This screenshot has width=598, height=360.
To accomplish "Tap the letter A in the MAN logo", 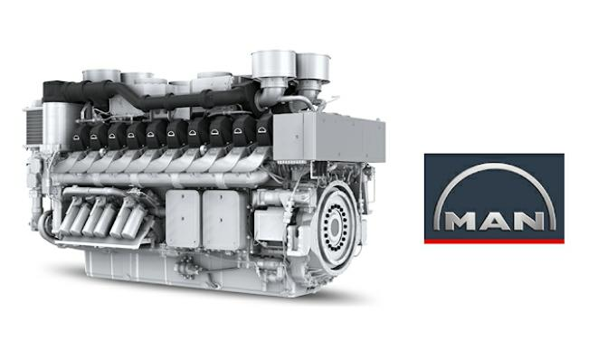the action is (494, 222).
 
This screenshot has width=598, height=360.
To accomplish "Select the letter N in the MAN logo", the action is (528, 222).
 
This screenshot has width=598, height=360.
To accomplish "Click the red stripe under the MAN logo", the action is (494, 241).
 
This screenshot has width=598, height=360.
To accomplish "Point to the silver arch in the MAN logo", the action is (494, 166).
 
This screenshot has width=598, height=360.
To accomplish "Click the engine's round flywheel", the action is (336, 228).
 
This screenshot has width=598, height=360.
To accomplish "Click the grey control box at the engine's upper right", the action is (328, 137).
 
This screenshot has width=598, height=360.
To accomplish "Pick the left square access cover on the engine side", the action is (183, 219).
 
